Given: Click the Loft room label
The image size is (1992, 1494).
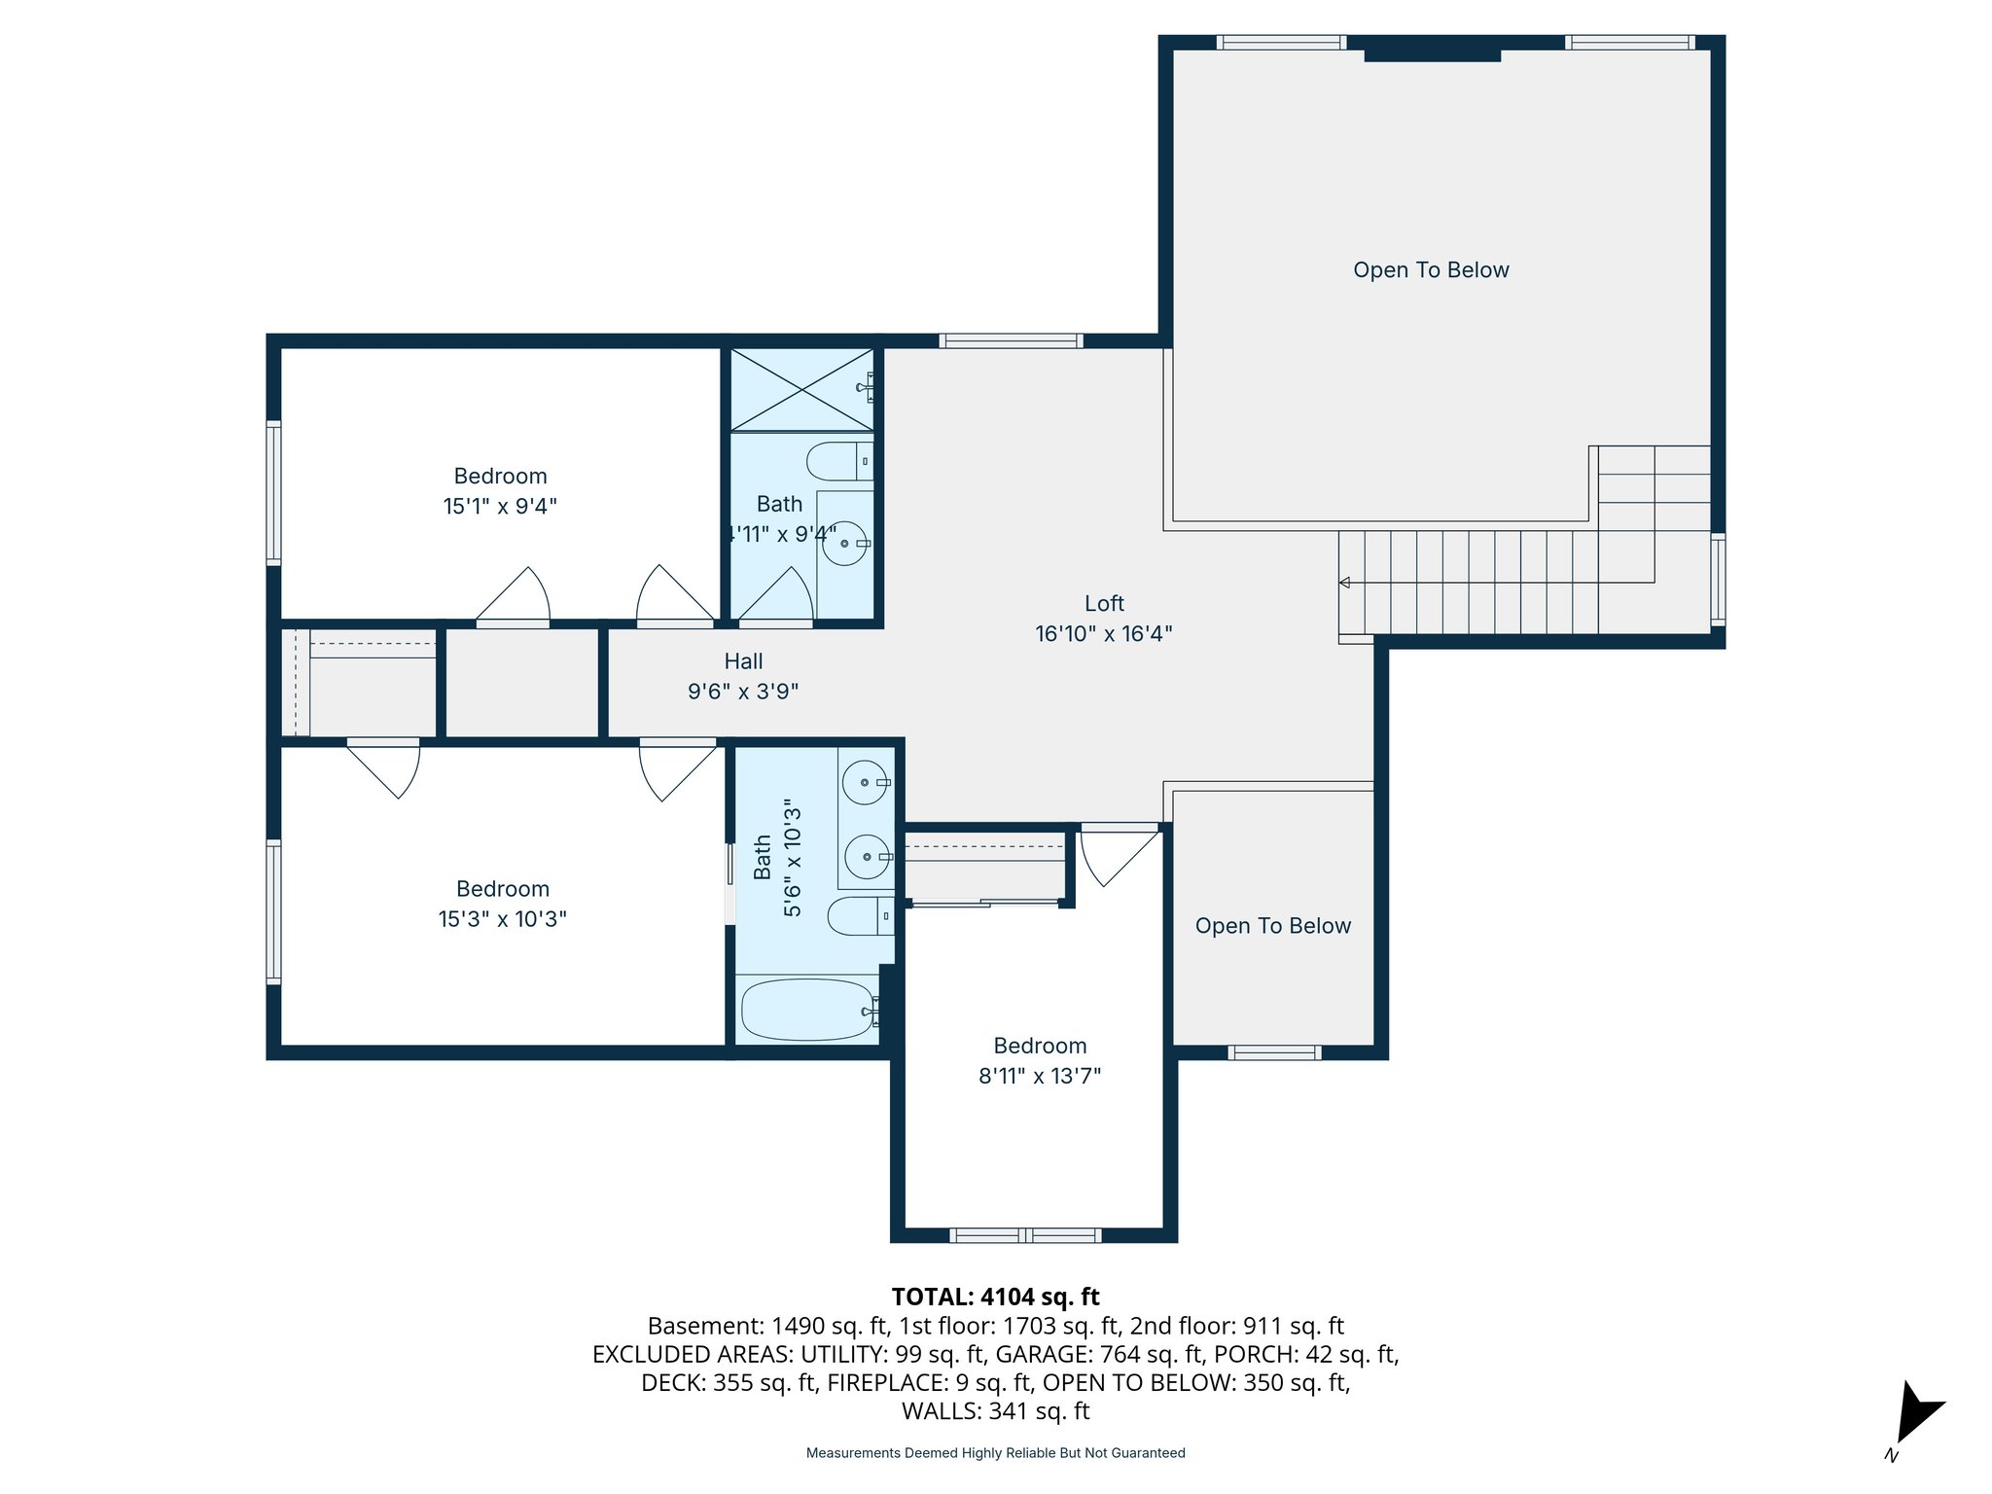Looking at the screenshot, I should click(1104, 604).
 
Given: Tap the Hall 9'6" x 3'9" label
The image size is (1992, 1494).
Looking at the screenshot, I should click(743, 676).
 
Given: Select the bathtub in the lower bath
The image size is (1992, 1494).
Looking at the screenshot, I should click(807, 1010).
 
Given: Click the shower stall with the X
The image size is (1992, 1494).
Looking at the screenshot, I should click(801, 390).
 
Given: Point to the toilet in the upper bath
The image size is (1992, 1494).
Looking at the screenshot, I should click(838, 461).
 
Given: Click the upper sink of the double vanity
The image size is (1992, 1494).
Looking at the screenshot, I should click(865, 783).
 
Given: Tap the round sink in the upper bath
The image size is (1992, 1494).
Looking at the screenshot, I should click(844, 544).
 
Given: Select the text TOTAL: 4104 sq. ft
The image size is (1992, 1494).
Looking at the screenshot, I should click(995, 1297).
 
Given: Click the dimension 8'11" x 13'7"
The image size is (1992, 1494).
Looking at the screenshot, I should click(1039, 1076).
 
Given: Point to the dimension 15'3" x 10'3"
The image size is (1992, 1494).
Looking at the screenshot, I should click(502, 919).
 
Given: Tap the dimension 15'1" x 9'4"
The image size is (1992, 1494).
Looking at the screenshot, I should click(500, 506).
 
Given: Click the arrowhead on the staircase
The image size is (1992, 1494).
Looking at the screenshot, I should click(1345, 583).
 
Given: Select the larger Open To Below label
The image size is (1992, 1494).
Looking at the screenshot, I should click(1430, 270).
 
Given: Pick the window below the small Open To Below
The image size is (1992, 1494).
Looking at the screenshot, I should click(1274, 1052).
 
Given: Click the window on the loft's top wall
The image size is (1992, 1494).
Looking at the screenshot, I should click(1011, 340).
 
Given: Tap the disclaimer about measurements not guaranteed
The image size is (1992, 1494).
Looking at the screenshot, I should click(995, 1453).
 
